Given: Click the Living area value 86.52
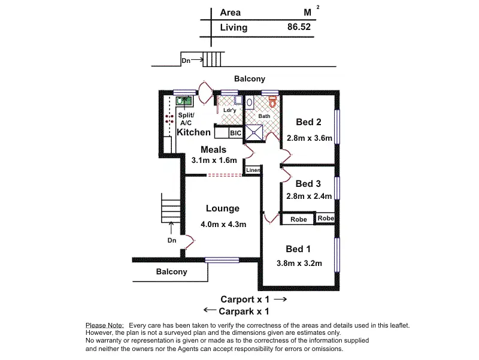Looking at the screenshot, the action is point(299,27).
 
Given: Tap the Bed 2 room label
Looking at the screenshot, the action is point(309,123).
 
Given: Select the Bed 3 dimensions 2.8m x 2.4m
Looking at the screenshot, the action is point(309,196).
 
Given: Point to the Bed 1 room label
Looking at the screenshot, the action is point(298,249).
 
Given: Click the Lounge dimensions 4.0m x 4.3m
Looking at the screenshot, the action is point(223,224).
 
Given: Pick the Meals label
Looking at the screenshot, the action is point(213,149).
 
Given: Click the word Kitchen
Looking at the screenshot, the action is point(194,132).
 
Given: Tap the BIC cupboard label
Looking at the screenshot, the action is point(235,133).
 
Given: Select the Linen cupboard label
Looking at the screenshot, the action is point(253,171).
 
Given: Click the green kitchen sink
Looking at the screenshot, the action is point(183,101).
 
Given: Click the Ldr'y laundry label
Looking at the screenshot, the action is point(228,110).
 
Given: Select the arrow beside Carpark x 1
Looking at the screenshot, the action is point(210,310).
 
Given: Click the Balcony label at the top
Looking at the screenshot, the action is point(250,78).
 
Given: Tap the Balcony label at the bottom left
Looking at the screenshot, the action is point(172,271).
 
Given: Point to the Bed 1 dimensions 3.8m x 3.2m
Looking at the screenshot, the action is point(299,263).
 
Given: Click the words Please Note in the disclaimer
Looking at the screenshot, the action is point(105,325).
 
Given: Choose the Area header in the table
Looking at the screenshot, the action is point(231,12).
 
